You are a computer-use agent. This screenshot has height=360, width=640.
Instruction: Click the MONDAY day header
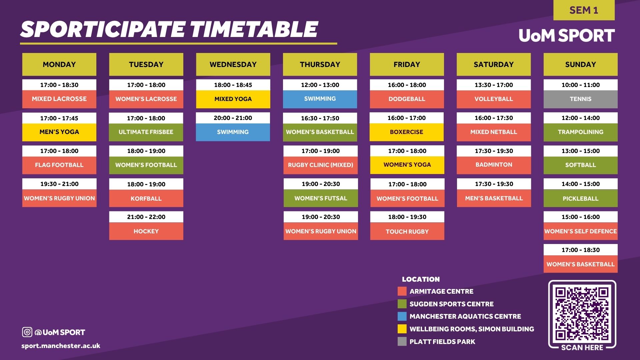pos(59,64)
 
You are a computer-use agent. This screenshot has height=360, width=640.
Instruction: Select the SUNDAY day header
pos(580,64)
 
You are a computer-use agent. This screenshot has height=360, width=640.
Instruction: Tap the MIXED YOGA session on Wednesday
pos(233,99)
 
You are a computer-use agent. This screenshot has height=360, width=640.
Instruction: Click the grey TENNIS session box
pos(580,99)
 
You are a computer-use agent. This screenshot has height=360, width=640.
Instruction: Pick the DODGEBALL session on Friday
pos(407,99)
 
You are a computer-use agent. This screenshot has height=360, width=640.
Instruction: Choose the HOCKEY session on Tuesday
pos(146,231)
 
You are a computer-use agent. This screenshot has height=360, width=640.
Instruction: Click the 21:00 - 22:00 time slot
pos(146,217)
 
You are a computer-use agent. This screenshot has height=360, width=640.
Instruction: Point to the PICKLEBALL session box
pos(580,198)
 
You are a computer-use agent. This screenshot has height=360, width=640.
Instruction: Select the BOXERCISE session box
pos(407,132)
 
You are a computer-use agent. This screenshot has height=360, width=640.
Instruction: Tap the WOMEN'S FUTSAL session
pos(321,198)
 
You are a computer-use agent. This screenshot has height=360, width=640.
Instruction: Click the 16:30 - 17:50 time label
pos(320,118)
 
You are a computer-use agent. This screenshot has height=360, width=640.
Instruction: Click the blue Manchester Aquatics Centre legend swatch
pos(402,316)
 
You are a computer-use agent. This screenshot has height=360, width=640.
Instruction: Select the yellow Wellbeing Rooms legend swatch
pos(402,329)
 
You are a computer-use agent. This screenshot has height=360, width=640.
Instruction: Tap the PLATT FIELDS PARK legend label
pos(442,342)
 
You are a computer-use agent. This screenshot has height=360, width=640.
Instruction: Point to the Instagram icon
pos(27,332)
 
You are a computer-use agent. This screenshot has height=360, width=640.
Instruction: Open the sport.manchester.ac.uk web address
pos(61,346)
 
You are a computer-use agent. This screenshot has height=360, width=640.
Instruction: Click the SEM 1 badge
pos(584,10)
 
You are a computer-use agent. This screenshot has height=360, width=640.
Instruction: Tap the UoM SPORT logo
pos(567,35)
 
